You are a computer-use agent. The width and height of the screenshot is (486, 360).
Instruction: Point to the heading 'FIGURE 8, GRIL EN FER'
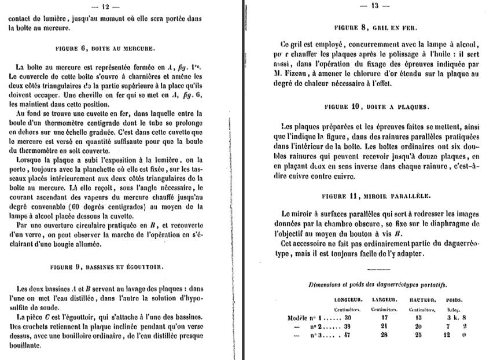376,27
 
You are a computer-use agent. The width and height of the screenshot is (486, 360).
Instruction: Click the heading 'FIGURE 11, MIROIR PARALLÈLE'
375,196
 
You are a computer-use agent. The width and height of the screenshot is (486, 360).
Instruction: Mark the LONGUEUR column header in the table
348,300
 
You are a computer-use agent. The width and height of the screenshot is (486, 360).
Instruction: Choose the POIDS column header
454,300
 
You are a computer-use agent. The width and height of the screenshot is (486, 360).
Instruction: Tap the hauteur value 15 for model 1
418,318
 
